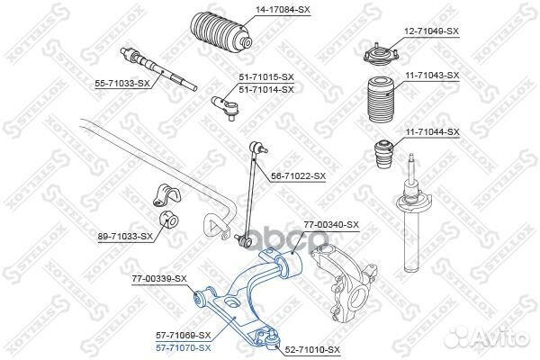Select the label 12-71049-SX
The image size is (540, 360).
pyautogui.click(x=429, y=31)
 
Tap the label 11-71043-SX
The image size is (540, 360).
pyautogui.click(x=429, y=76)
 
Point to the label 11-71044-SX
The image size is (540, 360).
pyautogui.click(x=429, y=131)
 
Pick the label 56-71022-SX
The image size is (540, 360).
pyautogui.click(x=296, y=176)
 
